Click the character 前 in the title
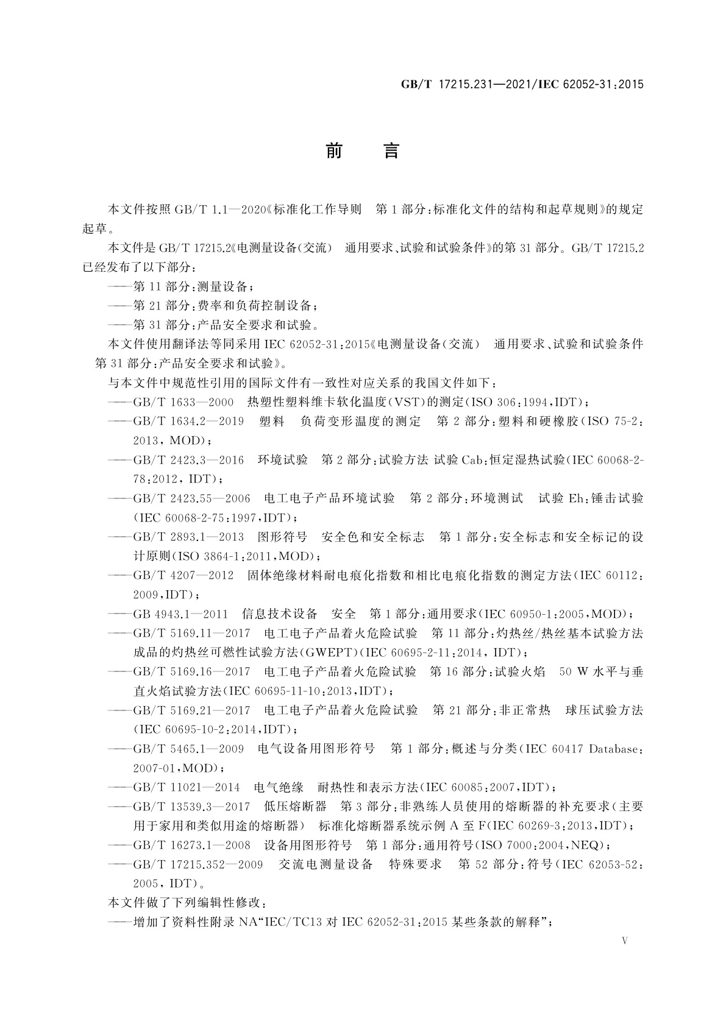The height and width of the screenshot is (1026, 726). (333, 150)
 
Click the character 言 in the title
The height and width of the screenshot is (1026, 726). (391, 150)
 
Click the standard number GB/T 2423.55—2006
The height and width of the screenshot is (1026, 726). (191, 498)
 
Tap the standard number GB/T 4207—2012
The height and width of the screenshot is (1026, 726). (183, 575)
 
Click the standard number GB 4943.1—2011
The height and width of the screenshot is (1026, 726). (180, 614)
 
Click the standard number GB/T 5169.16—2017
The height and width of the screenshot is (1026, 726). (191, 672)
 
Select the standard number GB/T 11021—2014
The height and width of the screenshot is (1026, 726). (187, 787)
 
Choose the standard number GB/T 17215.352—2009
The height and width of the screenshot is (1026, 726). (198, 865)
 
